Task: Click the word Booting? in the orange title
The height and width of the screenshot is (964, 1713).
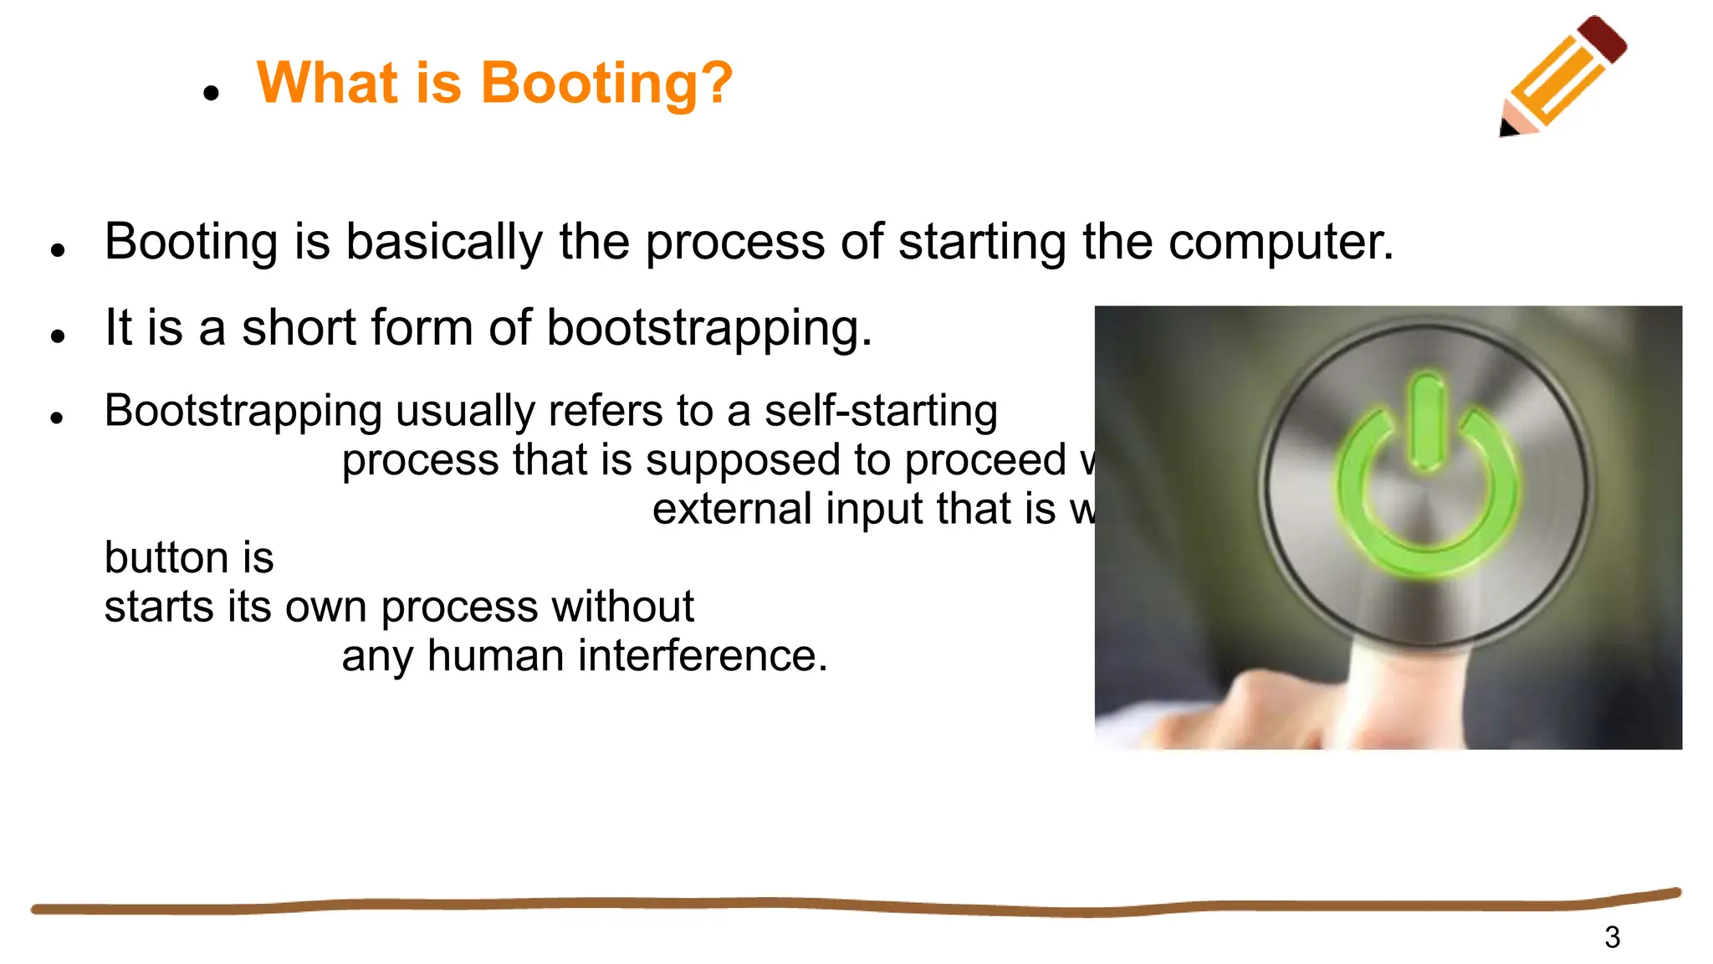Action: (x=606, y=84)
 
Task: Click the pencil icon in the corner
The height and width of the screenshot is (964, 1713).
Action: (x=1562, y=77)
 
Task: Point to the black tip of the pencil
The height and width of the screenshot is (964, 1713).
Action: (x=1507, y=128)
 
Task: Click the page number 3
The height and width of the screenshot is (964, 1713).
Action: (x=1612, y=937)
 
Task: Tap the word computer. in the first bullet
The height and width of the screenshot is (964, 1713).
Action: (x=1281, y=243)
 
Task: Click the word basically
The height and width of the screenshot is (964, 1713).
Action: (x=444, y=243)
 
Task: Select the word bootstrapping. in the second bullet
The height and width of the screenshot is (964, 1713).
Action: (x=709, y=327)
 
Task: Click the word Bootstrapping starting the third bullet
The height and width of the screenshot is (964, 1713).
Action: (x=243, y=412)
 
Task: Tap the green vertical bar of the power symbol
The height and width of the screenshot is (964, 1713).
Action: (x=1426, y=423)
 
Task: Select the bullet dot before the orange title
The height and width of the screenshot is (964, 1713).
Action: (x=211, y=93)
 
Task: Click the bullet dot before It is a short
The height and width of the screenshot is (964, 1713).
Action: (x=58, y=336)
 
